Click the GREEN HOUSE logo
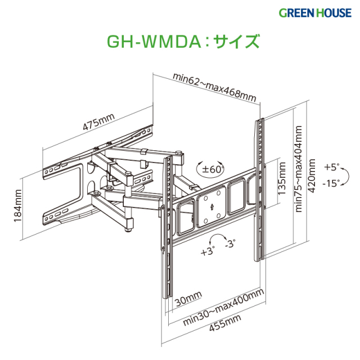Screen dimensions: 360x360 (x=318, y=12)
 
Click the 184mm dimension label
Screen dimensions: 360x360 (x=18, y=206)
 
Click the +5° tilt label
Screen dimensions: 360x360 (x=332, y=167)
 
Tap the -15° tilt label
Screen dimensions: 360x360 (x=332, y=184)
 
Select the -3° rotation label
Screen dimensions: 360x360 (x=230, y=244)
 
